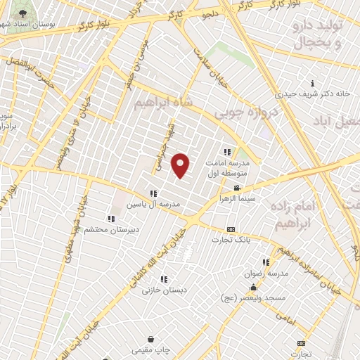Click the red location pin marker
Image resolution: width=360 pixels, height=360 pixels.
pyautogui.click(x=181, y=166)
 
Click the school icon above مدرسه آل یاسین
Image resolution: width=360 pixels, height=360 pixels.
pyautogui.click(x=153, y=193)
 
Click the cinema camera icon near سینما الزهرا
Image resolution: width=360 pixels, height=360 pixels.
pyautogui.click(x=238, y=188)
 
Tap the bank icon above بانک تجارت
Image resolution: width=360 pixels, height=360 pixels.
pyautogui.click(x=231, y=230)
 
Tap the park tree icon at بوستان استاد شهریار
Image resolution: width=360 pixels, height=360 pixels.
pyautogui.click(x=8, y=13)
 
